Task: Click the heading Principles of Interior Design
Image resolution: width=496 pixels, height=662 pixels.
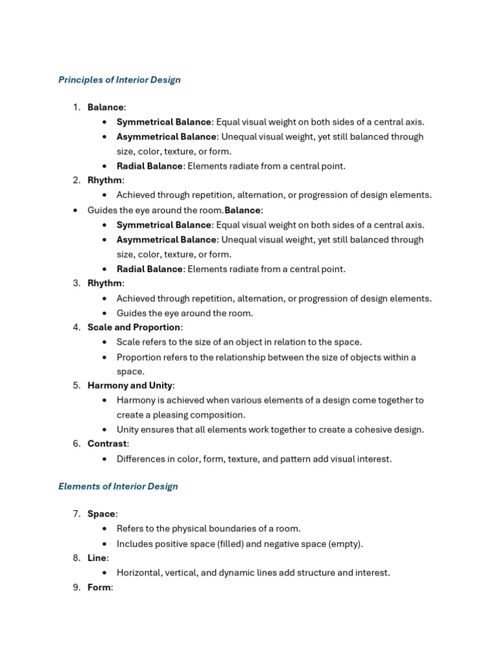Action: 119,80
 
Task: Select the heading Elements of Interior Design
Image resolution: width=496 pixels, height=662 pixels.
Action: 118,486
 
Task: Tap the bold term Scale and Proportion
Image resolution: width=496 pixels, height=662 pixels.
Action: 134,327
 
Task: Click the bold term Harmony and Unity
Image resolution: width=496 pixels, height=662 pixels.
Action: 130,385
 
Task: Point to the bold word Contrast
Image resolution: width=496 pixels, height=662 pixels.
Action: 107,443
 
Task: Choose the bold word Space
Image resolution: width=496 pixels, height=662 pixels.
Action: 101,514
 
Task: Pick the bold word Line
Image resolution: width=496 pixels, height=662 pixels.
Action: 97,558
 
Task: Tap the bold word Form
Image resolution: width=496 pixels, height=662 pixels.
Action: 99,587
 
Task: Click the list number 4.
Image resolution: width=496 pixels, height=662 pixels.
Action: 76,327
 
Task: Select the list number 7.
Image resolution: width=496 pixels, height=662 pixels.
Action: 76,514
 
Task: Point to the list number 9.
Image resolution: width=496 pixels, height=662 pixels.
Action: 76,587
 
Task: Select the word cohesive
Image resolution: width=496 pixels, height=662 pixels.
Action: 367,429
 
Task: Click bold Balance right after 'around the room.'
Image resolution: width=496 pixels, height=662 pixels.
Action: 242,210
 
